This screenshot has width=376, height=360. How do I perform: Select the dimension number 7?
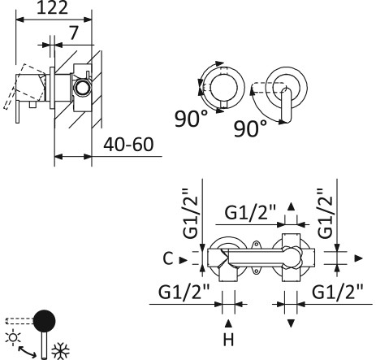pos(74,35)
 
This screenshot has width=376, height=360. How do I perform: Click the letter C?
pos(167,259)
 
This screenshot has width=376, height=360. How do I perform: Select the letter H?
pos(228,336)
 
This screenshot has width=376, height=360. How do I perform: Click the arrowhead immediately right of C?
pos(184,259)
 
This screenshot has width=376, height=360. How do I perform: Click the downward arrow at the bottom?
pos(290,323)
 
